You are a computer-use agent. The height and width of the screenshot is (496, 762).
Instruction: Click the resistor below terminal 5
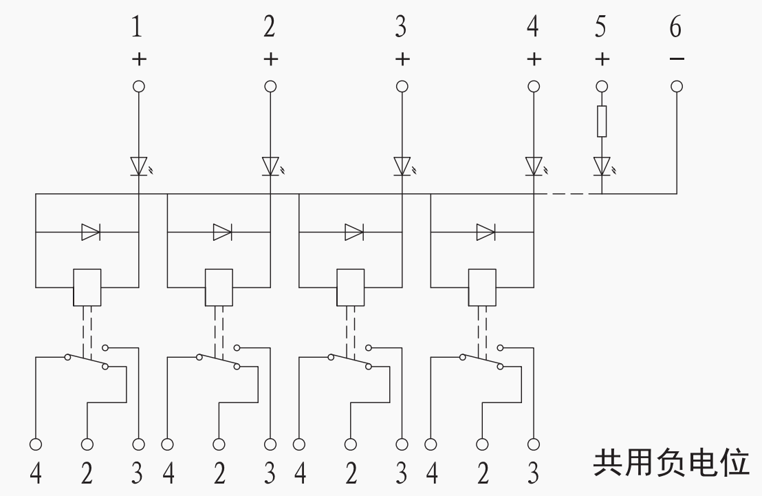[x=602, y=121]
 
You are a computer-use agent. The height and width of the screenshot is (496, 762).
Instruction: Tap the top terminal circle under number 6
[x=677, y=87]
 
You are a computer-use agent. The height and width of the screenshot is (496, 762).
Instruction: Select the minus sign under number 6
[x=677, y=59]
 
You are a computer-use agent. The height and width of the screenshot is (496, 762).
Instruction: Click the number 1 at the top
[x=137, y=27]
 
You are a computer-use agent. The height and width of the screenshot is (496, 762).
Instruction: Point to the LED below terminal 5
[x=602, y=166]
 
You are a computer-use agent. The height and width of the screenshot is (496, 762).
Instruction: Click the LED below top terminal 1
[x=140, y=166]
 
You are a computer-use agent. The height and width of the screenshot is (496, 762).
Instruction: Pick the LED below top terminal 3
[x=403, y=166]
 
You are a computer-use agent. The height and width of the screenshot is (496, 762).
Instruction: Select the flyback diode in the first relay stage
[x=91, y=233]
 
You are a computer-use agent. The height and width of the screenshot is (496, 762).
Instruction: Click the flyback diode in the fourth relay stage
[x=486, y=233]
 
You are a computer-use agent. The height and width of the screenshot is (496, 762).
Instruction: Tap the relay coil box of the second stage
[x=219, y=288]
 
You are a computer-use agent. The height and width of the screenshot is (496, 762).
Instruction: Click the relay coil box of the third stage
[x=350, y=288]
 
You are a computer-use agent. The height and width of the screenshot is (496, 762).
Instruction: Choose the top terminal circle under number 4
[x=534, y=87]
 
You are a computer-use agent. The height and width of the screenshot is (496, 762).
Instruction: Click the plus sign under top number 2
[x=271, y=59]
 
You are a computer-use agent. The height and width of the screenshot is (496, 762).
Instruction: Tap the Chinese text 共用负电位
[x=671, y=462]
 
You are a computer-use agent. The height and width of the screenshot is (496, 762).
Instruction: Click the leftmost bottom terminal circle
[x=36, y=444]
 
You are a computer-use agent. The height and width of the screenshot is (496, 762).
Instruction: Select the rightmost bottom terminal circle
[x=534, y=444]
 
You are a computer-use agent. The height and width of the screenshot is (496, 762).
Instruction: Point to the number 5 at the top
[x=601, y=27]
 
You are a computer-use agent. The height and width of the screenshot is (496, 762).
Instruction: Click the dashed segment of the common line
[x=567, y=193]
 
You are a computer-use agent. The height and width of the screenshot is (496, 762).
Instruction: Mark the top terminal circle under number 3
[x=402, y=87]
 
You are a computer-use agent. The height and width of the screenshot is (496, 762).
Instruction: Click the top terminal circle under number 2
[x=270, y=87]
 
